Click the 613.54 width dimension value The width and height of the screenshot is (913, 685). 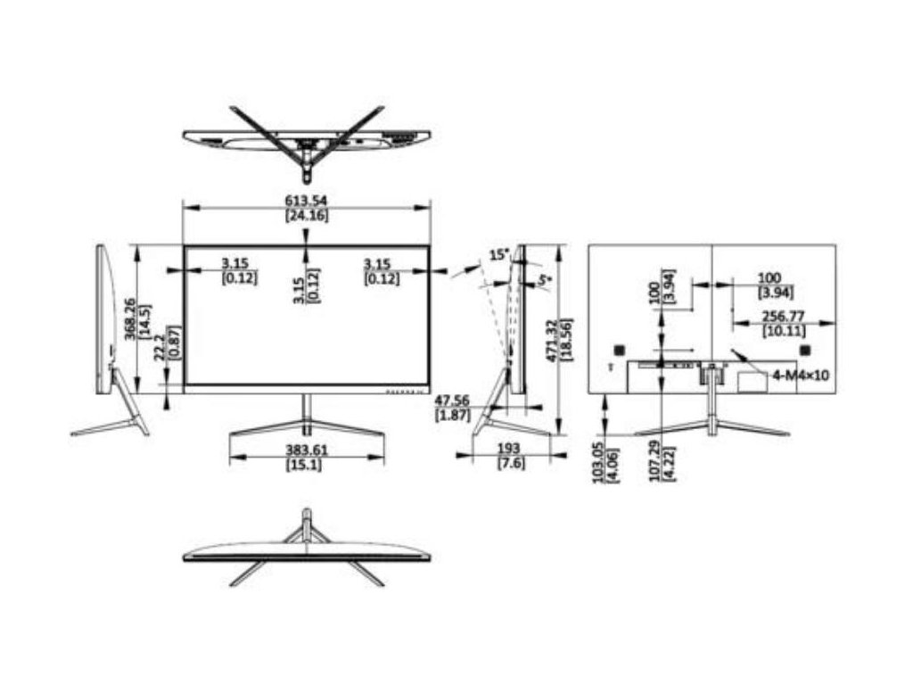306,200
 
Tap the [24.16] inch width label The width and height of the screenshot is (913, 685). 306,215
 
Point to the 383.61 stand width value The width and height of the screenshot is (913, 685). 306,450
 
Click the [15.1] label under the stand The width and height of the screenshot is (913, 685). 306,465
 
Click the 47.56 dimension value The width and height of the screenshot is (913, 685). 454,400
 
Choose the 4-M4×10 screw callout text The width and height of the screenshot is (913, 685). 801,376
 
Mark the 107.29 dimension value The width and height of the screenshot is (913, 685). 655,461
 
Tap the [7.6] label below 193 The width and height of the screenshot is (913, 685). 509,463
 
